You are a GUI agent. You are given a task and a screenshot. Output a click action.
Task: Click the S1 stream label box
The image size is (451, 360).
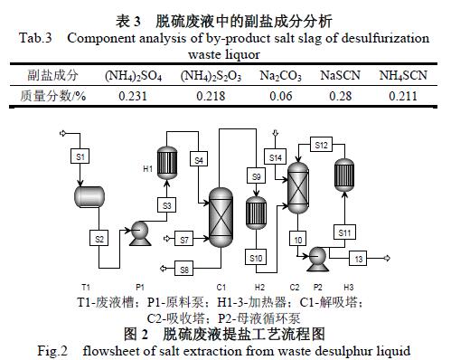80,156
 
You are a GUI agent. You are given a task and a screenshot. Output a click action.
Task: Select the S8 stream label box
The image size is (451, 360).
184,269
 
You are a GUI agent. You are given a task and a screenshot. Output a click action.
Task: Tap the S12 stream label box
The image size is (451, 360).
321,145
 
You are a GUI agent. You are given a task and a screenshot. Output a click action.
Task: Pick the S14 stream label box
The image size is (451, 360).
275,156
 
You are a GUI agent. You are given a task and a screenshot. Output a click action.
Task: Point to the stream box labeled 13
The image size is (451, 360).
358,259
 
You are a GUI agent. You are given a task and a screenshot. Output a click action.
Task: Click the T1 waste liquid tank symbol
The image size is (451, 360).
89,196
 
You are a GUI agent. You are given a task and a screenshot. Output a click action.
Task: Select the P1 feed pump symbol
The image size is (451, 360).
140,233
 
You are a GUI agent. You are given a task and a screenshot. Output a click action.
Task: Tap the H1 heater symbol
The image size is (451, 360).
167,163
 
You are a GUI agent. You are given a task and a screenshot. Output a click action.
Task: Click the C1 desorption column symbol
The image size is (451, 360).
221,217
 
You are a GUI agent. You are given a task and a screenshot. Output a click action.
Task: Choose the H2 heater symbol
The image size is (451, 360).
256,213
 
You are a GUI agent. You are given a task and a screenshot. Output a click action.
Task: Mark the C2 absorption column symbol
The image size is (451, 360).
298,187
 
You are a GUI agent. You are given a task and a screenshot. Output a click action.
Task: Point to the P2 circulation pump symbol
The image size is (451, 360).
317,259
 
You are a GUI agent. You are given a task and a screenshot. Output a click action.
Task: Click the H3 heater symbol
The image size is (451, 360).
344,175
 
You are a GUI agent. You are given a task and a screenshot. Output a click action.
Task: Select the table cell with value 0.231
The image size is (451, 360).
133,96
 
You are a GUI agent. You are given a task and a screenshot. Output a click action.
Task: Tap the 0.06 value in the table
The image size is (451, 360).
281,96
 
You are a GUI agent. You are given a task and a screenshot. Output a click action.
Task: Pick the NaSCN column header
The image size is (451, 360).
340,75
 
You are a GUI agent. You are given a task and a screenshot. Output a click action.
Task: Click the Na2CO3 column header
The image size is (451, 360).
280,76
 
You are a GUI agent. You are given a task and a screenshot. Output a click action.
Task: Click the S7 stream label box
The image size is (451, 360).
184,239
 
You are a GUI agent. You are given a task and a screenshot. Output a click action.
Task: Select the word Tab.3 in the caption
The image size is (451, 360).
35,38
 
